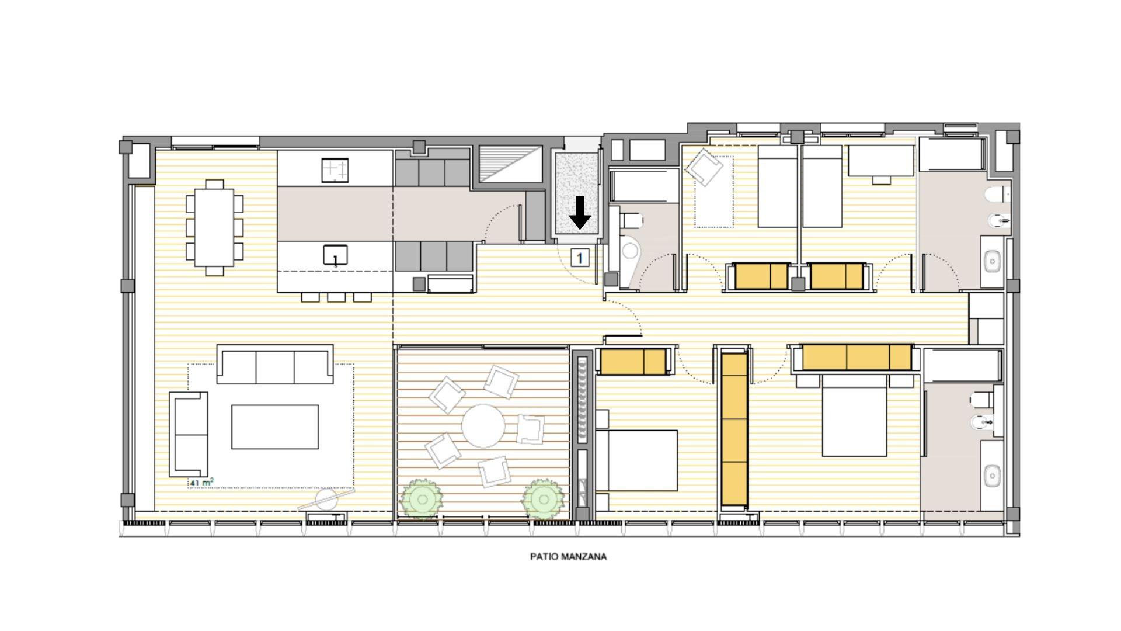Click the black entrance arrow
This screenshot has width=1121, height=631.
[580, 213]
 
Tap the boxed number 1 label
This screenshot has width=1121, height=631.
[579, 257]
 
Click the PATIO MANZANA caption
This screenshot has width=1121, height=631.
[568, 556]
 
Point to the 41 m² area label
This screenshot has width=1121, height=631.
[201, 483]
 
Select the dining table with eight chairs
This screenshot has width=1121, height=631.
[214, 227]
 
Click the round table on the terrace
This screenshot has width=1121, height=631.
[483, 425]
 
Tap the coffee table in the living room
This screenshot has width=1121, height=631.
[275, 427]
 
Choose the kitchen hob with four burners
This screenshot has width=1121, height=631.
[335, 170]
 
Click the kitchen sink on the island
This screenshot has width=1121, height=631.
[336, 255]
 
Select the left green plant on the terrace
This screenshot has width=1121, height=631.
[422, 500]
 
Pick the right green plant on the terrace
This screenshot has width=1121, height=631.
[544, 500]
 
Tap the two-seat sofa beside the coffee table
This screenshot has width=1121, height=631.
[189, 434]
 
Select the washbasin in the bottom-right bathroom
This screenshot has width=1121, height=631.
[992, 476]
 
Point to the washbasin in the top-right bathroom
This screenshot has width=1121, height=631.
[992, 261]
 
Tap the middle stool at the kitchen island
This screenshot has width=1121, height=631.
[336, 297]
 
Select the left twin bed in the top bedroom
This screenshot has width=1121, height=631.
[777, 186]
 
